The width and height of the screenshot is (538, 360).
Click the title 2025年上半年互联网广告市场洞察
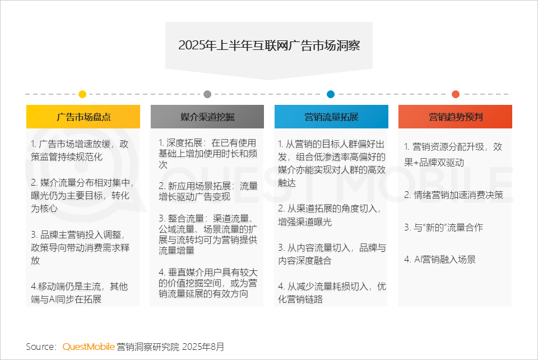point(268,45)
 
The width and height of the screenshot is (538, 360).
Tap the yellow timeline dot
point(82,94)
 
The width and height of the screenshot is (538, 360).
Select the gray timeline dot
point(207,94)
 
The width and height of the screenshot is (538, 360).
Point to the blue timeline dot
point(331,94)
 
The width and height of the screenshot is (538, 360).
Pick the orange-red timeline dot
point(456,94)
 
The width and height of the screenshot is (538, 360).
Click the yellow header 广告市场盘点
point(83,117)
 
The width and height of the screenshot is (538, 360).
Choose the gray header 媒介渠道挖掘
point(207,117)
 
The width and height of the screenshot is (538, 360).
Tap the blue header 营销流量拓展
point(331,117)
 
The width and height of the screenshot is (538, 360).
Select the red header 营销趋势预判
point(456,117)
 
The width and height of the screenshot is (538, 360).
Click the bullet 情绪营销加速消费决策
point(454,195)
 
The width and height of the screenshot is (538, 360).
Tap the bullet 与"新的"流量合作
point(443,228)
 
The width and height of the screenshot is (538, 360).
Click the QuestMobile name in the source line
point(89,347)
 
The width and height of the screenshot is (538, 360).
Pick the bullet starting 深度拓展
point(207,154)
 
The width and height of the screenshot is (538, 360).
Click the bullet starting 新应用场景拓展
point(207,191)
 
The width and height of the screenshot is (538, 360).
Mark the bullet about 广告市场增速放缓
point(82,150)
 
